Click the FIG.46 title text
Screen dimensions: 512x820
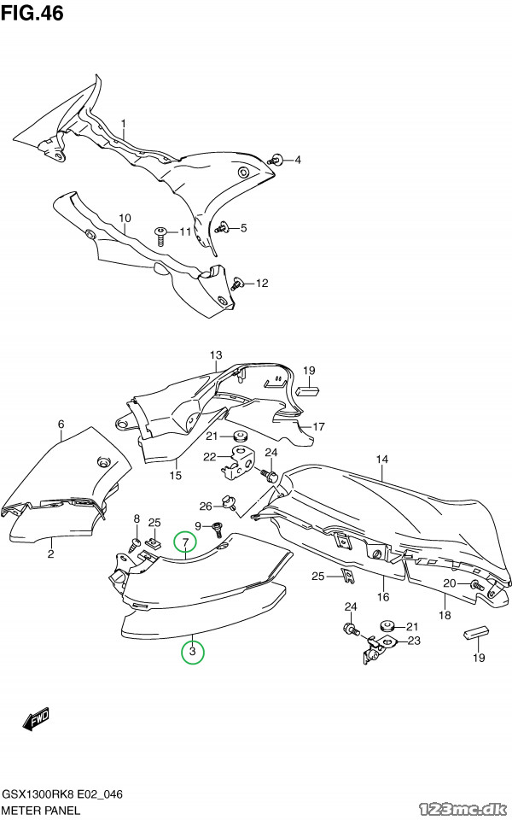[x=32, y=13]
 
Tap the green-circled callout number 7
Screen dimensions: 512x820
[x=185, y=543]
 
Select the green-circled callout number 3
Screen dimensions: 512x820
[x=192, y=652]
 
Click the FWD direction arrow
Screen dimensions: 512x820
[x=36, y=719]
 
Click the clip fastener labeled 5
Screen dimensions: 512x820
[x=224, y=227]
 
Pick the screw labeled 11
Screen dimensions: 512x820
[x=160, y=236]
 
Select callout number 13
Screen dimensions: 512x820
[x=216, y=355]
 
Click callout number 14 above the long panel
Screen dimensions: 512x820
[x=382, y=460]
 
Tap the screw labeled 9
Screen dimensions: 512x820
[x=215, y=530]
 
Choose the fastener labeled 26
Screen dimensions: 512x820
[x=230, y=502]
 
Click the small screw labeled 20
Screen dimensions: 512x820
[x=475, y=585]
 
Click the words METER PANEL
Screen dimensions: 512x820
[x=41, y=811]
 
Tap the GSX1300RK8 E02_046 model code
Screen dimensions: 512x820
[x=62, y=794]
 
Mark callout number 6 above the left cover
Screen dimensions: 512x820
[x=61, y=424]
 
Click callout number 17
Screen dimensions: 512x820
[x=318, y=427]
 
